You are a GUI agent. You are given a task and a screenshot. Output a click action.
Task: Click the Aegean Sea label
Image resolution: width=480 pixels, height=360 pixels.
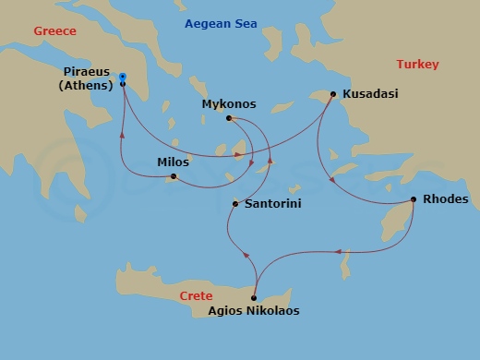pos(226,23)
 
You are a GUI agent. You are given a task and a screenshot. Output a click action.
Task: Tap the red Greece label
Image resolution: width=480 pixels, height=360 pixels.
pos(54,30)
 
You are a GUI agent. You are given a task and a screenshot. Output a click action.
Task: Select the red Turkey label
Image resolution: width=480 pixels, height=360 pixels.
pos(417,64)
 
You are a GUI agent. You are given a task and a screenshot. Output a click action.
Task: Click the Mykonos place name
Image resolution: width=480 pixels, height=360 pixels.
pos(229,104)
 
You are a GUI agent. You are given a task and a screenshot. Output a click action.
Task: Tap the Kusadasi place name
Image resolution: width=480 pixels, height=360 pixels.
pos(369,94)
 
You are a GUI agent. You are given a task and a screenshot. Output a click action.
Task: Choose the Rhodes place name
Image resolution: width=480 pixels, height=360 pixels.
pos(445,198)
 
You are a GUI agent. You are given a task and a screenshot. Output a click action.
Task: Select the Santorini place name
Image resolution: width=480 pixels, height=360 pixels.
pos(272,203)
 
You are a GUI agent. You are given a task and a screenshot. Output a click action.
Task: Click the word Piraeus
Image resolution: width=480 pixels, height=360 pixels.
pos(90,71)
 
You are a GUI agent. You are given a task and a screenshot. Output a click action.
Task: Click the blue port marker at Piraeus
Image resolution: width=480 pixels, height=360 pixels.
pos(123,76)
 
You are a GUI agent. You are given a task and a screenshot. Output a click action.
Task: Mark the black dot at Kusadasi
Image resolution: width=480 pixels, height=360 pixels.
pos(332,93)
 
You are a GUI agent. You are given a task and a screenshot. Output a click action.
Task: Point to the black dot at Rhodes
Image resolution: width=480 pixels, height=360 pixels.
pos(413,199)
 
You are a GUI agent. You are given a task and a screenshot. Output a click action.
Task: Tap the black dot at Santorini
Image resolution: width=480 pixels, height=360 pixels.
pos(235,203)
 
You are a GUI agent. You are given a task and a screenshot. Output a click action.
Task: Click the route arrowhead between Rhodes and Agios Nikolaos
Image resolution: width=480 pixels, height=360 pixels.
pos(339,250)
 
